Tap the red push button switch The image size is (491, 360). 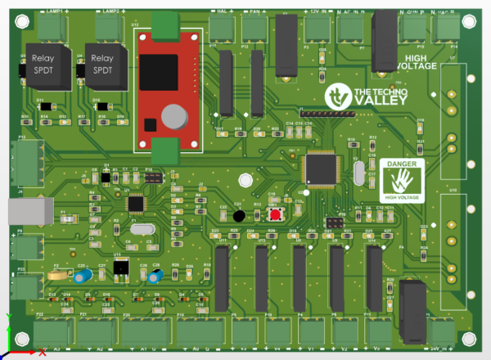(x=278, y=214)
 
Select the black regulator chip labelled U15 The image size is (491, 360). (x=120, y=268)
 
